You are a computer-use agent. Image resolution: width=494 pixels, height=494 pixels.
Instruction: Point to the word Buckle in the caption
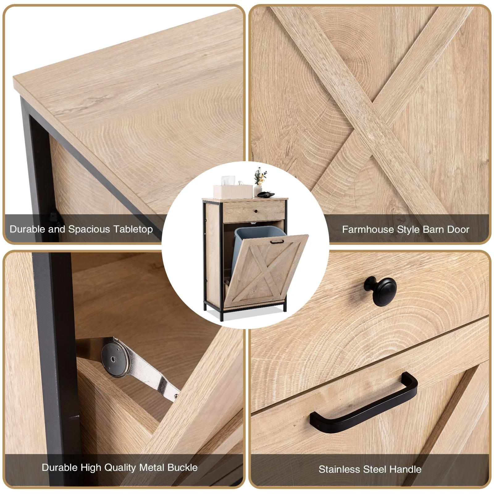[x=182, y=467]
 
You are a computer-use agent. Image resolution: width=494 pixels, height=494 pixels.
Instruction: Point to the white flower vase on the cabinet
[x=258, y=190]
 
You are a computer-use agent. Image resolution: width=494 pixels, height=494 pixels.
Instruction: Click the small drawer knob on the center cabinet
[x=256, y=211]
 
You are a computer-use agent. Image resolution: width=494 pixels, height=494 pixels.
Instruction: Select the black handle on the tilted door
[x=277, y=242]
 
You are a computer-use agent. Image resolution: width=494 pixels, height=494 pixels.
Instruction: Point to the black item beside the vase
[x=266, y=194]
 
